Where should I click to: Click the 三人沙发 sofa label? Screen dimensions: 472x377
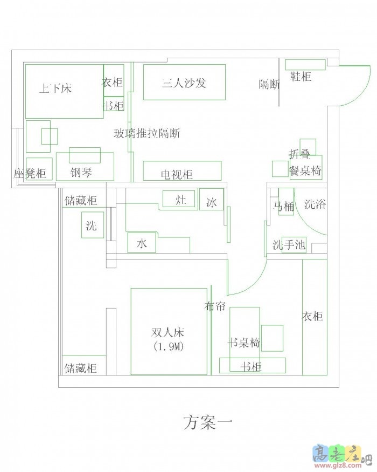pos(184,83)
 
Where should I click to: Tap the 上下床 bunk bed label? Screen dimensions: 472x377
pos(55,88)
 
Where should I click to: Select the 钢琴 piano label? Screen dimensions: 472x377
pos(81,173)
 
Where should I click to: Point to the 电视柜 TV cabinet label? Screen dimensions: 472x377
pos(177,175)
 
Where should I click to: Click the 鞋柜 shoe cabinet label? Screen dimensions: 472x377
pos(301,77)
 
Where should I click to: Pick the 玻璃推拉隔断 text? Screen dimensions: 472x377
pos(146,133)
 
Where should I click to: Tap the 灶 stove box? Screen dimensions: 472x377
pos(181,200)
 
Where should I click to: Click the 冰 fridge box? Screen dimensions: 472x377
pos(211,202)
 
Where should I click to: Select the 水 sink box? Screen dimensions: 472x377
pos(141,244)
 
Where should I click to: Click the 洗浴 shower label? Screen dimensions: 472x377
pos(315,204)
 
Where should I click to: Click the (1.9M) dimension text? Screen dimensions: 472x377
pos(168,347)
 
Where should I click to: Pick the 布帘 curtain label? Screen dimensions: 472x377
pos(215,306)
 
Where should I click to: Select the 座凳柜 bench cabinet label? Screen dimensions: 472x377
pos(30,174)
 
